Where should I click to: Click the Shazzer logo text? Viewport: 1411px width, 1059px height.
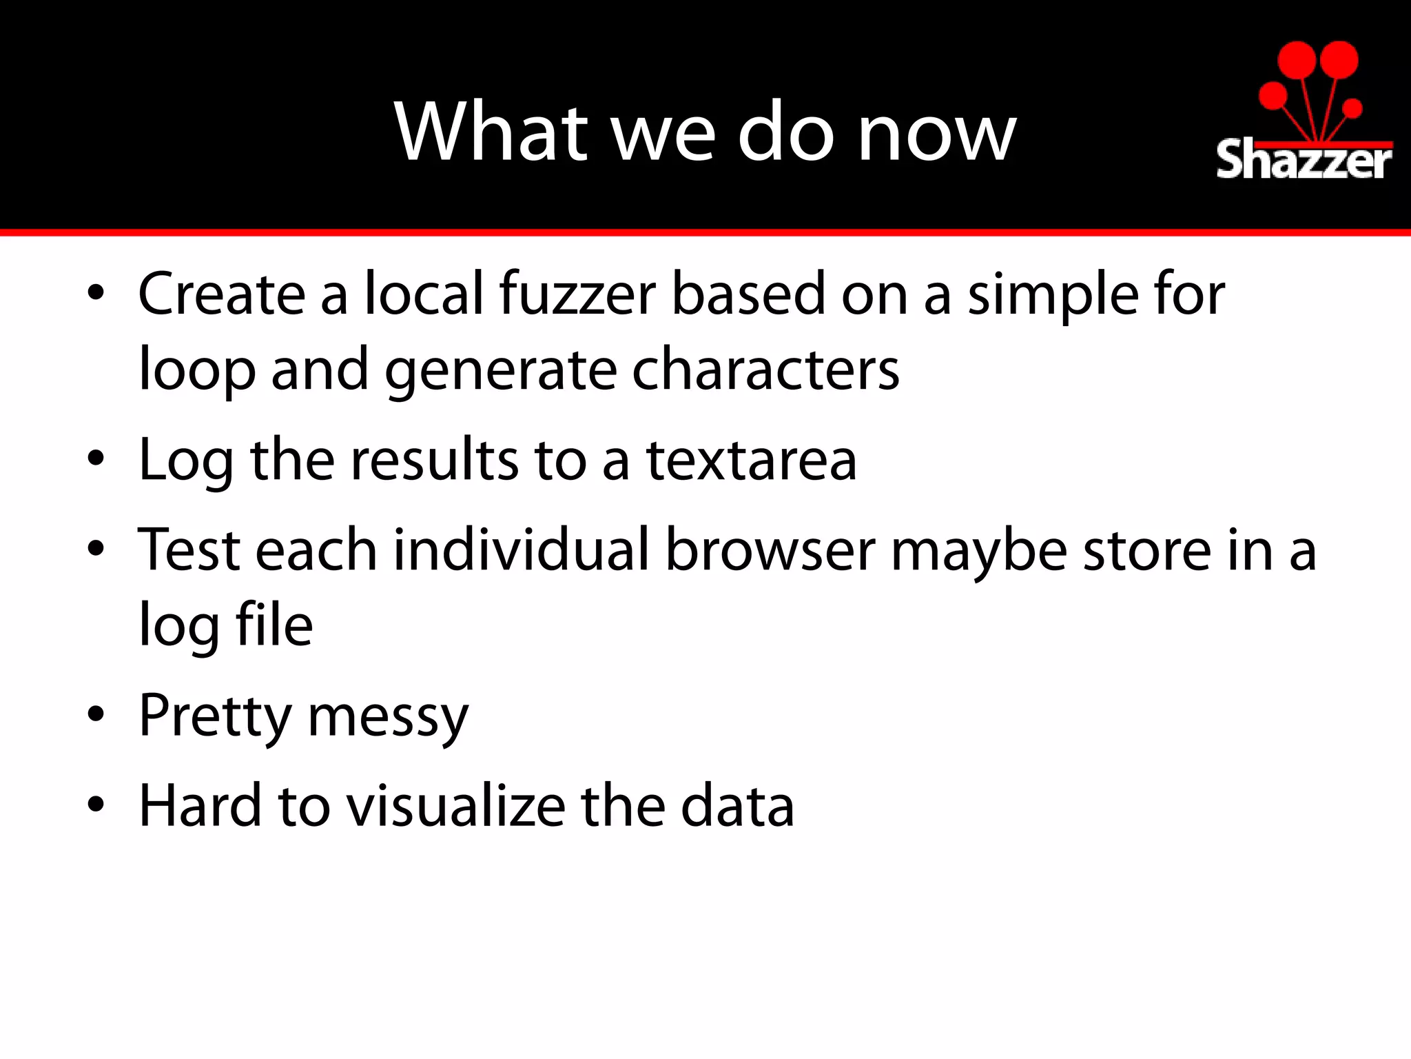[1304, 160]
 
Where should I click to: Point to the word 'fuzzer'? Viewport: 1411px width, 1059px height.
[577, 294]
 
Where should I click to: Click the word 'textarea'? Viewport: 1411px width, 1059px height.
[751, 460]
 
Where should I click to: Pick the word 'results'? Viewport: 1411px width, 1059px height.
[434, 460]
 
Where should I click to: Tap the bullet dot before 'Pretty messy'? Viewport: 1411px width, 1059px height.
[96, 714]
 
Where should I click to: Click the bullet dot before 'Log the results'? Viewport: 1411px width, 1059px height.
[96, 458]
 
